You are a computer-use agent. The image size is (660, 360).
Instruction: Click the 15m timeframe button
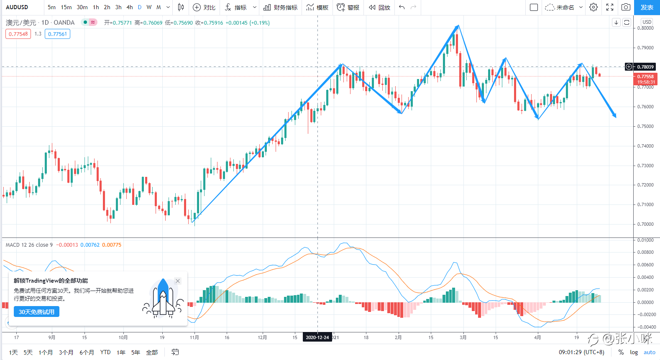tap(66, 7)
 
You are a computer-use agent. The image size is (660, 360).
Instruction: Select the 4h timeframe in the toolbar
tap(130, 7)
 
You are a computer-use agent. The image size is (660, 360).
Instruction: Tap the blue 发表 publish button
tap(647, 7)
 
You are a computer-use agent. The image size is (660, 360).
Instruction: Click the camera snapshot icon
tap(626, 7)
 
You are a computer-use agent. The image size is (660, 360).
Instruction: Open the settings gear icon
tap(593, 7)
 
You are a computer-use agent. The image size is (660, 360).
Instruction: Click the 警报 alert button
tap(348, 7)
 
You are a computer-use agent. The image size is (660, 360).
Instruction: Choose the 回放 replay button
tap(379, 7)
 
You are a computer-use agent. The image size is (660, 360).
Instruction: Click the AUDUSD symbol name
tap(17, 7)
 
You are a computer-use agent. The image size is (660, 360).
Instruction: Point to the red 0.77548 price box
tap(18, 34)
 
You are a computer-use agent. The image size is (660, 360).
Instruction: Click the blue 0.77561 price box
tap(57, 34)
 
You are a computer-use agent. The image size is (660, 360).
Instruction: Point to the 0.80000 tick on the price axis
tap(645, 28)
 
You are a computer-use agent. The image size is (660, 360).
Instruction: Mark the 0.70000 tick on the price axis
tap(645, 224)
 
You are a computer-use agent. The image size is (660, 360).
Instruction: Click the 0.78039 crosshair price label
tap(645, 67)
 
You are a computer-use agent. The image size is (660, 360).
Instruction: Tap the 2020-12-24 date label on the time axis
tap(317, 337)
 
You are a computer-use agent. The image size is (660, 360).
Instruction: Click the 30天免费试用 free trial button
tap(36, 311)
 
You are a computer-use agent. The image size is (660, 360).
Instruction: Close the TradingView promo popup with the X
tap(178, 281)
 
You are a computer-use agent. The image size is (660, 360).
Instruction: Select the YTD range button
tap(105, 352)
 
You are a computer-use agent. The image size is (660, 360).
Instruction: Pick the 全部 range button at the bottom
tap(152, 352)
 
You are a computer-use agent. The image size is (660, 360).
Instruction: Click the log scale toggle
tap(634, 352)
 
